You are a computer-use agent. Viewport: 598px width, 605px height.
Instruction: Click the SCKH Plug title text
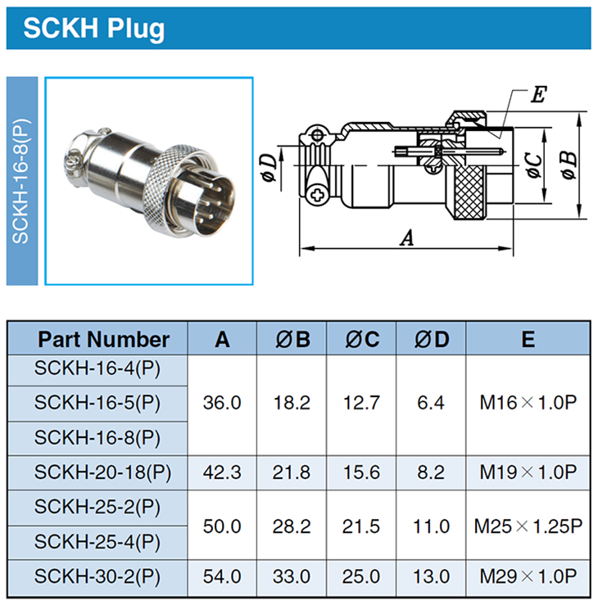click(94, 29)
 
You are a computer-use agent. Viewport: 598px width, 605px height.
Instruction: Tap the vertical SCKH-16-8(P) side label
click(20, 181)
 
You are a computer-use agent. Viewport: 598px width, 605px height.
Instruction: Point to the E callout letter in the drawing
click(538, 94)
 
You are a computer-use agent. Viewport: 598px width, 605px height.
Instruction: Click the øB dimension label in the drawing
click(569, 165)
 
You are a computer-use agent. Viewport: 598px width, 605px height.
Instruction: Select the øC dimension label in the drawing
click(534, 165)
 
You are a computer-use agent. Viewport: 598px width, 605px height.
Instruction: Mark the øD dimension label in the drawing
click(269, 168)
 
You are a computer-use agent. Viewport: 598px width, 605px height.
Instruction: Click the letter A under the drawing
click(407, 237)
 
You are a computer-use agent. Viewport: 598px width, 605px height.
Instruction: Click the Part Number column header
click(103, 340)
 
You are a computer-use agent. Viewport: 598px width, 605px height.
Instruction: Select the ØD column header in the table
click(432, 340)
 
